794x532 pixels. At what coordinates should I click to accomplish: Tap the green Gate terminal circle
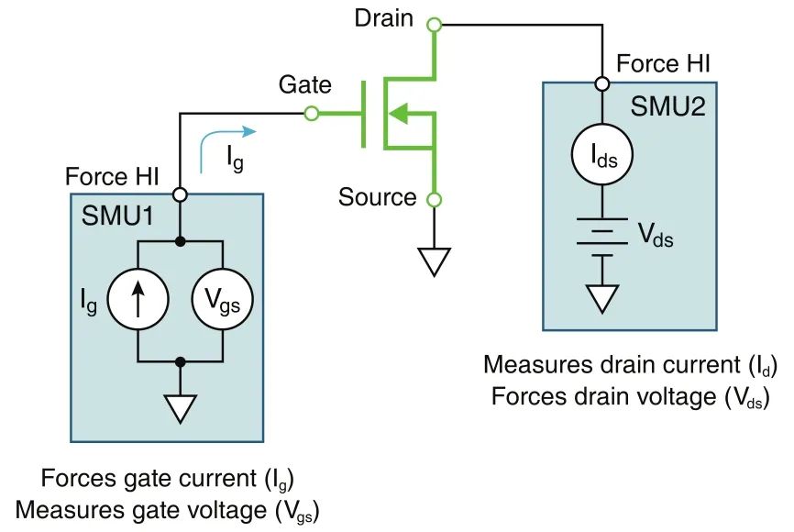311,114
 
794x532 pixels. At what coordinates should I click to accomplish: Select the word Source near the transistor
377,196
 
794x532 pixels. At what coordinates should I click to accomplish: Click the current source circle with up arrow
137,298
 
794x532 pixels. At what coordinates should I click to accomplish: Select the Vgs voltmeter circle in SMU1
224,298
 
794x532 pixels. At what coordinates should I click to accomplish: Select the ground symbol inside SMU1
180,406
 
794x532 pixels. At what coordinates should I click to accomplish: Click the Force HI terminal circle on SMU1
181,194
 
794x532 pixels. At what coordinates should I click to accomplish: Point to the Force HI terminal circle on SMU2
602,83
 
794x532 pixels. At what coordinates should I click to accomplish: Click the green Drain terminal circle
435,24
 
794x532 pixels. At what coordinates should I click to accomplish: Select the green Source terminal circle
435,198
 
